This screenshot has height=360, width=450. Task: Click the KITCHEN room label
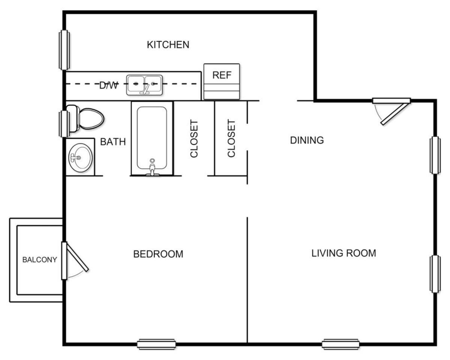168,45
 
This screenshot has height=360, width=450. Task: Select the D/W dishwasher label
109,85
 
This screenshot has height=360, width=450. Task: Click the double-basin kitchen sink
144,84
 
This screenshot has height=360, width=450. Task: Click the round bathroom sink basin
80,157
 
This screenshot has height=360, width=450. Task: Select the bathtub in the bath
152,138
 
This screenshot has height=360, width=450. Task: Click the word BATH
113,142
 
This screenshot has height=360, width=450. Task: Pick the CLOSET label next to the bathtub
194,138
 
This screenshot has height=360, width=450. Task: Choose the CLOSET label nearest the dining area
231,138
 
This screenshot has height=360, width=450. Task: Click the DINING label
307,140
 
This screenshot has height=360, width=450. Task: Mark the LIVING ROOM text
343,253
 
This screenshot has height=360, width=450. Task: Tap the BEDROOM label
158,254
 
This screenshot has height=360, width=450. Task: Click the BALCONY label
40,259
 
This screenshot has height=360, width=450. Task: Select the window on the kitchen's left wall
64,50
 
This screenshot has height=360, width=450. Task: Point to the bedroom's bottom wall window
156,344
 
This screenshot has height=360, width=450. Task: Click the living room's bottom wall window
340,344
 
